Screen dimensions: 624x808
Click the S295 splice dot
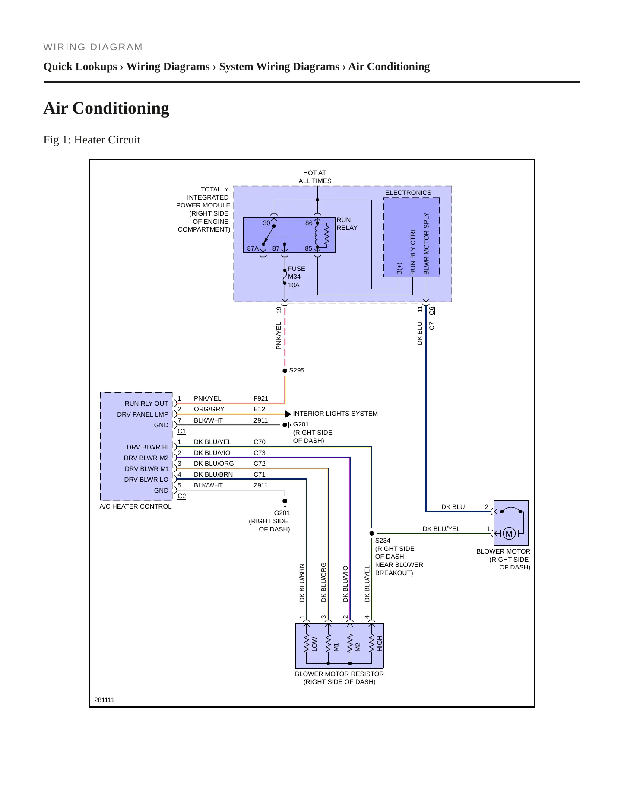click(285, 371)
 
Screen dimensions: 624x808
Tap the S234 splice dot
click(372, 533)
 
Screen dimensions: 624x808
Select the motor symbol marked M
click(509, 534)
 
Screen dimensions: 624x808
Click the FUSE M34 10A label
click(297, 277)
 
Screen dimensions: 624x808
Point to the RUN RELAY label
click(347, 224)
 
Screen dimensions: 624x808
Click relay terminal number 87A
click(253, 248)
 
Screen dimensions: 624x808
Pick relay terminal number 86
click(309, 223)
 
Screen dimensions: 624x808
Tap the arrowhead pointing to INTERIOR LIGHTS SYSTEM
click(288, 414)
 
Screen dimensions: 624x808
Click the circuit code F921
click(261, 398)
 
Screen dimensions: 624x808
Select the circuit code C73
click(260, 453)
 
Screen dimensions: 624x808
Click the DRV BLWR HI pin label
click(148, 447)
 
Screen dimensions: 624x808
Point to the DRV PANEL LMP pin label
click(143, 414)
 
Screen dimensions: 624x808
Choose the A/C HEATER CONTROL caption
click(136, 506)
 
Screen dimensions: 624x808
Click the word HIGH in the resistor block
click(380, 644)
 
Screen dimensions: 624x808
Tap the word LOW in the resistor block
click(314, 644)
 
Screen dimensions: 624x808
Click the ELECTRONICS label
click(408, 193)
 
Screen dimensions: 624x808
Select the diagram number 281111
click(105, 700)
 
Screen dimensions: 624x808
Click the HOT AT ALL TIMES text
click(315, 177)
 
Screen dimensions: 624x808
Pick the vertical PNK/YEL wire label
click(279, 335)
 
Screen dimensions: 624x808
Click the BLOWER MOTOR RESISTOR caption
click(339, 674)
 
